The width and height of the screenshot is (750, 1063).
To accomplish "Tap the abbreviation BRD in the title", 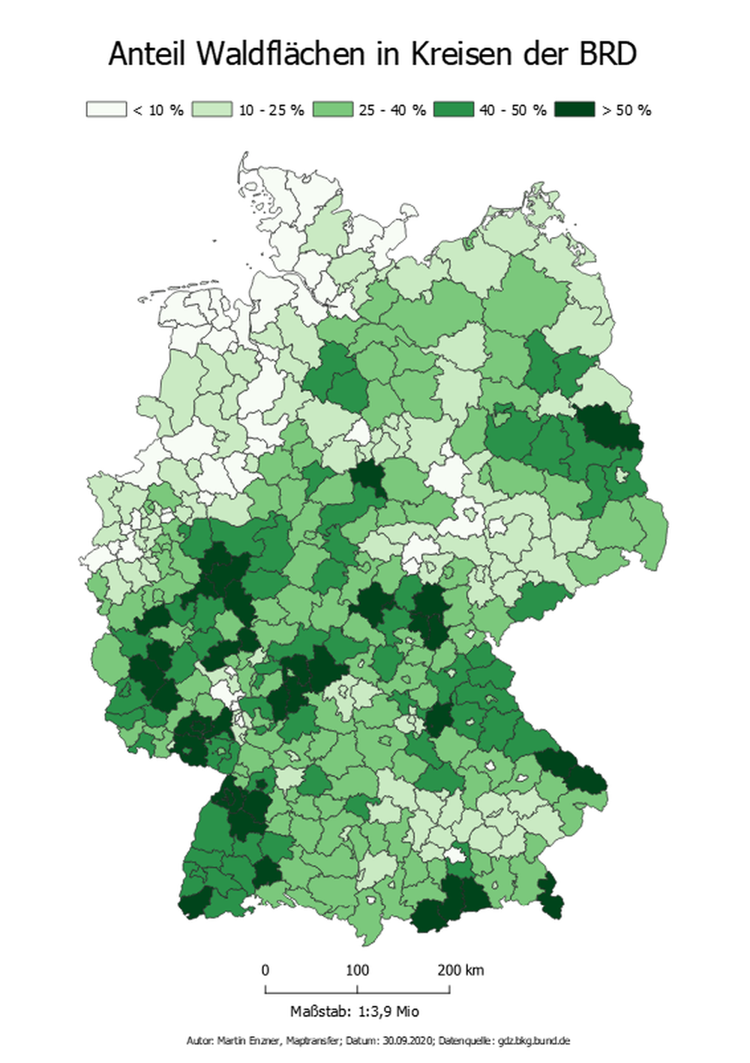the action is (607, 55).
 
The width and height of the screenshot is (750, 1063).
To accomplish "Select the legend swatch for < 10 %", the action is (106, 110).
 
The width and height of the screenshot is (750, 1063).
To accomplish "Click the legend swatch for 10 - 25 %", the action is (211, 110).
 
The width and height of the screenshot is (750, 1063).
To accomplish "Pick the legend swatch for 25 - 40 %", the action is (332, 110).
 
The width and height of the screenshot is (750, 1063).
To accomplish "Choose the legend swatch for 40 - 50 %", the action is (453, 110).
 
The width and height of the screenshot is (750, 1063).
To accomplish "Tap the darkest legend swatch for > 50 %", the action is (574, 110).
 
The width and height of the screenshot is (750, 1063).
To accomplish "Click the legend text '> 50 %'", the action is (626, 110).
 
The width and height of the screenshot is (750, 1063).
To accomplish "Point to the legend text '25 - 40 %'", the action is (391, 110).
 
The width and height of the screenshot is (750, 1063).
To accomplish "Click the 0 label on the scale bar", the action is (265, 970).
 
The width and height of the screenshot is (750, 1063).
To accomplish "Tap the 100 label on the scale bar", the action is (357, 970).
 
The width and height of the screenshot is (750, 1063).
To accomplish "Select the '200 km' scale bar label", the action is (460, 970).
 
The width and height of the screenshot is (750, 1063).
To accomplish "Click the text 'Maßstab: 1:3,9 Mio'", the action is (355, 1011).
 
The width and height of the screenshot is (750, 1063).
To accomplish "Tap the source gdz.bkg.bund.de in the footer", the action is (533, 1041).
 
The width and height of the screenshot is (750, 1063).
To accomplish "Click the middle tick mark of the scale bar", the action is (358, 989).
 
